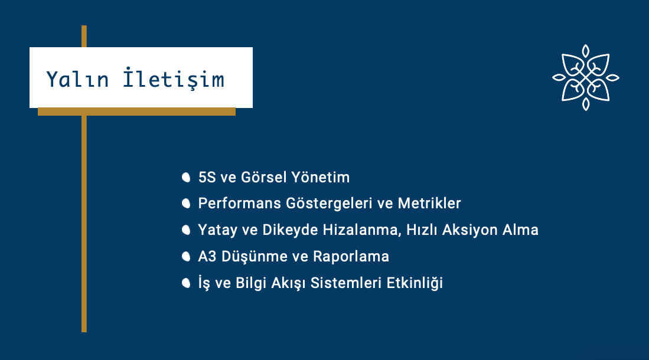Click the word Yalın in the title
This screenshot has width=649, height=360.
(x=77, y=80)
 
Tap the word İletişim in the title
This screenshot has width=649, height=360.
(x=174, y=78)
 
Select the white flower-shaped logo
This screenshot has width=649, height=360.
(x=586, y=77)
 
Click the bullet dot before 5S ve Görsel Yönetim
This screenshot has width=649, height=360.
(x=186, y=178)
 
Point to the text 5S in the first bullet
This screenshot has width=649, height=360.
(x=207, y=178)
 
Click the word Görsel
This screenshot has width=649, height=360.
(x=263, y=178)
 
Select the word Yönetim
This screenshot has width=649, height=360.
(x=320, y=178)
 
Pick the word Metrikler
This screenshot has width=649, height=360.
(x=429, y=204)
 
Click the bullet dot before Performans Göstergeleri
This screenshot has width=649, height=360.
(x=186, y=204)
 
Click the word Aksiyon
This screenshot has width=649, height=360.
(x=470, y=230)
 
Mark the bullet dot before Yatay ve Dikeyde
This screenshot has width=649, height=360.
(x=186, y=230)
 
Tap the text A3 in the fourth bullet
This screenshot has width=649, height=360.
(x=207, y=257)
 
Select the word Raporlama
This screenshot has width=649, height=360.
(x=351, y=257)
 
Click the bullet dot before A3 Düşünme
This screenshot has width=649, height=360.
(x=186, y=257)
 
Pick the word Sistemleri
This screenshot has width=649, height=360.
(x=346, y=283)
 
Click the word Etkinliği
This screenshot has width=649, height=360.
(x=415, y=283)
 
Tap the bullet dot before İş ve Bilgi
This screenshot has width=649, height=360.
(x=186, y=283)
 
